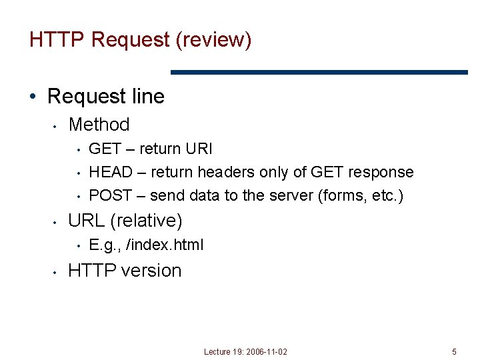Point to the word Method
99,124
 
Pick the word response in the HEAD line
382,172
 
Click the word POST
109,195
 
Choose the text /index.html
165,245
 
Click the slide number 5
454,351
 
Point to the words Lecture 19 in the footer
223,351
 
